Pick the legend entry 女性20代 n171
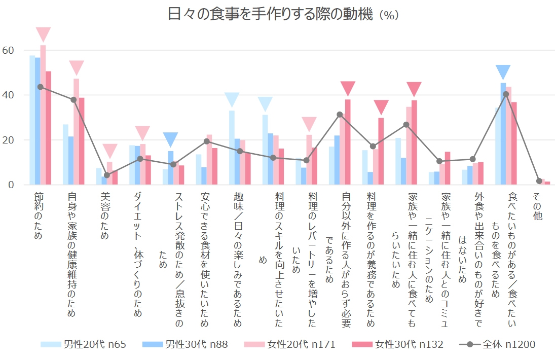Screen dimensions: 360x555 [289, 345]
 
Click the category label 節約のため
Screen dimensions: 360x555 [39, 215]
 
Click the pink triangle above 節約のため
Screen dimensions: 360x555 [43, 34]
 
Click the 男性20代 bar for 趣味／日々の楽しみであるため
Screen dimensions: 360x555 [232, 148]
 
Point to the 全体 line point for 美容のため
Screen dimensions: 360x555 [106, 175]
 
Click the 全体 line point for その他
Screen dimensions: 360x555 [539, 181]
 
